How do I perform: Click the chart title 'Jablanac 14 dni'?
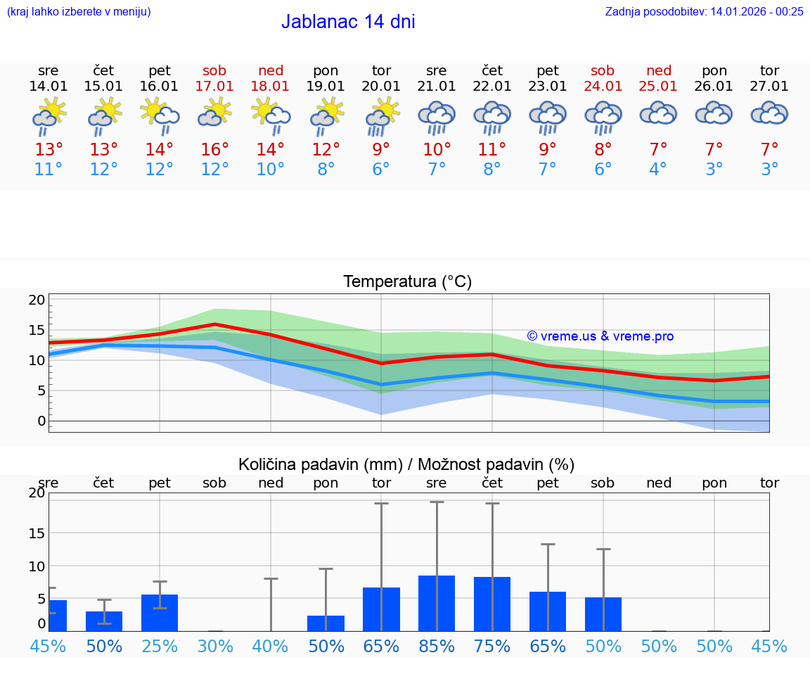tap(348, 22)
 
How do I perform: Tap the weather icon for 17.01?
tap(215, 116)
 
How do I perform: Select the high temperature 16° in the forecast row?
tap(215, 150)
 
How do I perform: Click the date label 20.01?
tap(381, 86)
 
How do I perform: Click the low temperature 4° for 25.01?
tap(659, 170)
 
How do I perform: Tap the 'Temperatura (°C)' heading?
tap(407, 282)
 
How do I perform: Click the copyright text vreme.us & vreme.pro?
tap(600, 336)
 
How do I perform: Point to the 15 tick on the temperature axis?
tap(37, 330)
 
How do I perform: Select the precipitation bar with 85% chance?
tap(437, 603)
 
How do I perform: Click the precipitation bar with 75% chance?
tap(492, 604)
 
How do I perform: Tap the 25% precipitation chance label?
tap(160, 646)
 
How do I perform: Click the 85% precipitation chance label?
tap(437, 646)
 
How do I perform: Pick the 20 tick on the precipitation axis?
tap(37, 493)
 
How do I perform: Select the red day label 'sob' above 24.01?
tap(603, 70)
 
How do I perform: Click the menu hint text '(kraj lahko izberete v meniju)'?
tap(79, 11)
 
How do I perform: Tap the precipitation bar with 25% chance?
tap(160, 613)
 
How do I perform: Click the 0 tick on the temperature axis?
tap(41, 421)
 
